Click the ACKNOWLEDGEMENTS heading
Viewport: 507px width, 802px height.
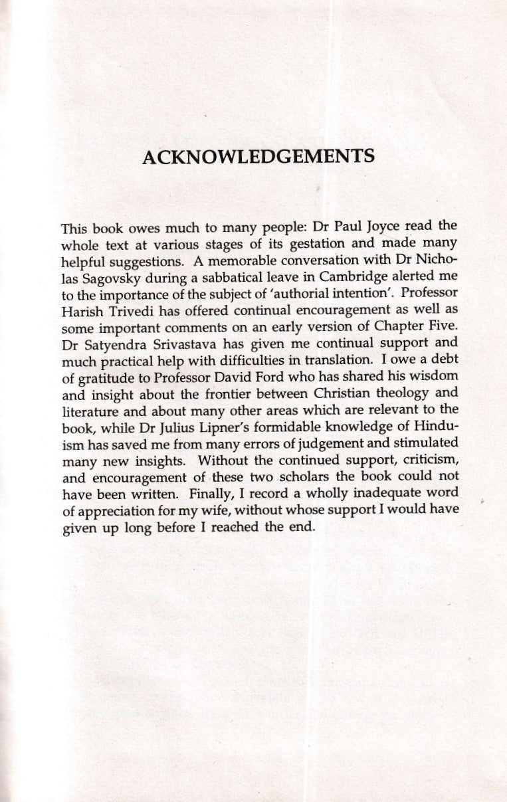[x=259, y=157]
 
